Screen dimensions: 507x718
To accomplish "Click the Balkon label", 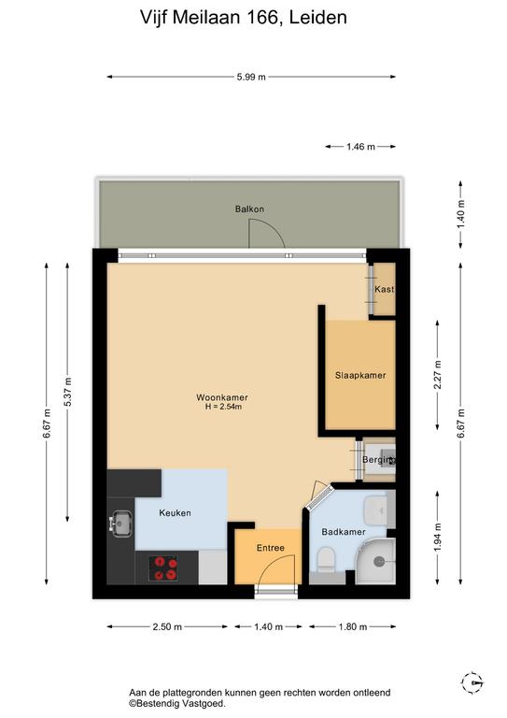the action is (249, 209).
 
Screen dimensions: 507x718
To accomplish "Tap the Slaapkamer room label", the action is (360, 376).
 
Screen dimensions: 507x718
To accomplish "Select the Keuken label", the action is (176, 513).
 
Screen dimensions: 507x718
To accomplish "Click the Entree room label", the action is (270, 548).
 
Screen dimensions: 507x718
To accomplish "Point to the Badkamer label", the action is (344, 532).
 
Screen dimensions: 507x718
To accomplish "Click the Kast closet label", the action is (384, 290).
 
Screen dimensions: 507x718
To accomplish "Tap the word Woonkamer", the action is (222, 397).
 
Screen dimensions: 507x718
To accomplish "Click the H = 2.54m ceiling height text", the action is (223, 406).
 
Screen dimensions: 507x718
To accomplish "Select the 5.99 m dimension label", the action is (251, 77).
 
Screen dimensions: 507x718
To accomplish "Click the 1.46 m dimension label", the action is (360, 147).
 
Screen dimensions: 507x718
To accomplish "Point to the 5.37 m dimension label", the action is (67, 392).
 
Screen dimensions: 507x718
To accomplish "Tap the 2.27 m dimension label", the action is (438, 375).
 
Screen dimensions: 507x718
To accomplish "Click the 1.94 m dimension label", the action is (438, 538).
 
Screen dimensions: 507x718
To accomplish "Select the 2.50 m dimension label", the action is (167, 627).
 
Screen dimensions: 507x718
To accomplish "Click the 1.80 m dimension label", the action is (353, 627).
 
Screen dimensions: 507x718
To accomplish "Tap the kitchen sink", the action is (120, 524).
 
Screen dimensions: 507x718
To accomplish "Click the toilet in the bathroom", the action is (327, 559).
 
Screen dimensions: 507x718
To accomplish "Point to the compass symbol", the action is (472, 683).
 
